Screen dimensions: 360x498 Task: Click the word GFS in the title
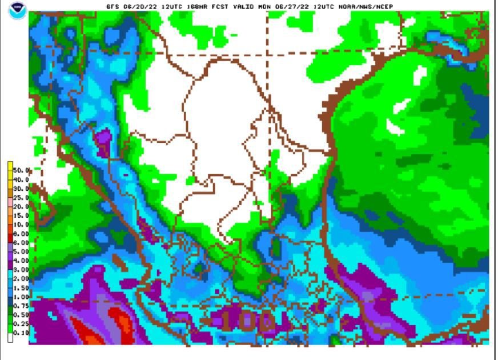pos(113,7)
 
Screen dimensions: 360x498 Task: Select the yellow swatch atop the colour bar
pos(10,166)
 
